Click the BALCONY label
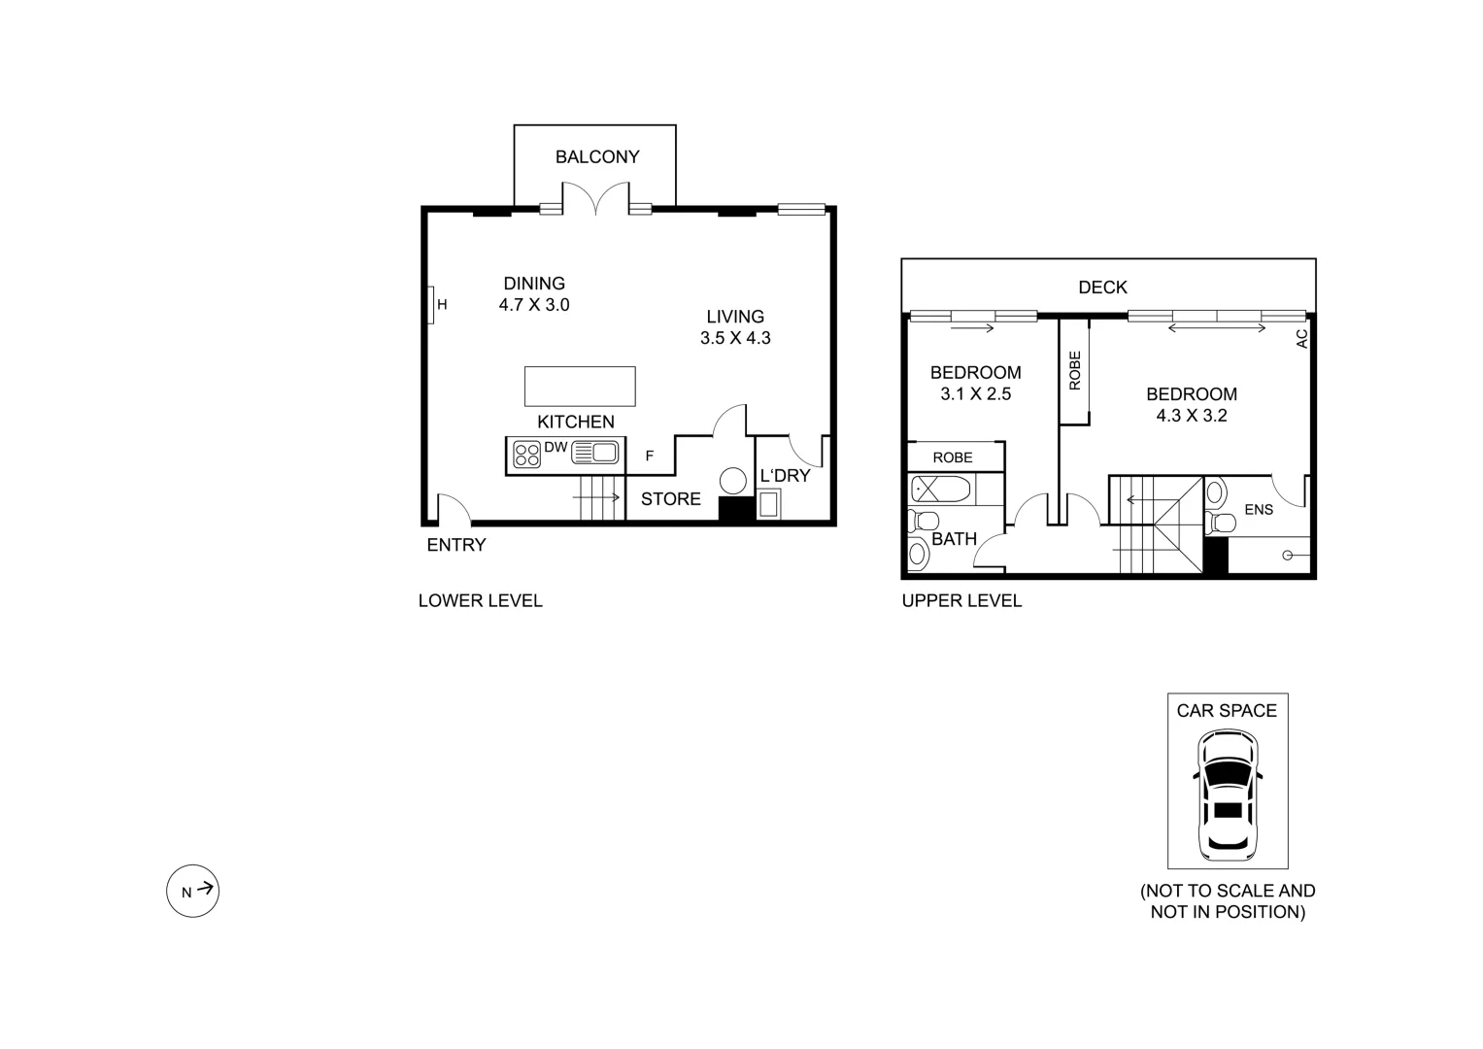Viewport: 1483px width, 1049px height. [596, 157]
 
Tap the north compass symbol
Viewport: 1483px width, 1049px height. [192, 890]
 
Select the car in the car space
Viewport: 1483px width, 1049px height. [1228, 795]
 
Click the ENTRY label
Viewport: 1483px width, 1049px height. [455, 545]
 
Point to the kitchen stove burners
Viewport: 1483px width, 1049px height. [527, 456]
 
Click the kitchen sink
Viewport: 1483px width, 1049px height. [595, 453]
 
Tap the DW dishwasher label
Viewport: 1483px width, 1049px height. [556, 448]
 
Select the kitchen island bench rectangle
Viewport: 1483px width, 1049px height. [580, 386]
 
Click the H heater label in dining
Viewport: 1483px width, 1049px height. [442, 305]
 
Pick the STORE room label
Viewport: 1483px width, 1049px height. [670, 499]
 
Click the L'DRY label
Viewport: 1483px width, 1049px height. [784, 476]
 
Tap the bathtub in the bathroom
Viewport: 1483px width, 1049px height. [941, 489]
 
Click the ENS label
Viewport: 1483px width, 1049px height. [1258, 510]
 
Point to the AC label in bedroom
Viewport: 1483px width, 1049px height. [1302, 338]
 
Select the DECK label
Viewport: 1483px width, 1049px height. [1102, 288]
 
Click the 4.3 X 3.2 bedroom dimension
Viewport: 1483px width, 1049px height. [1191, 416]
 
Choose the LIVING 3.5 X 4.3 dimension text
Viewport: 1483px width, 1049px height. [735, 339]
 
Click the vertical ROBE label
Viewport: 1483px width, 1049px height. [1074, 370]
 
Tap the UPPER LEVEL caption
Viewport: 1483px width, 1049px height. [961, 601]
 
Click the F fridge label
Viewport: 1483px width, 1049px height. [650, 456]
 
